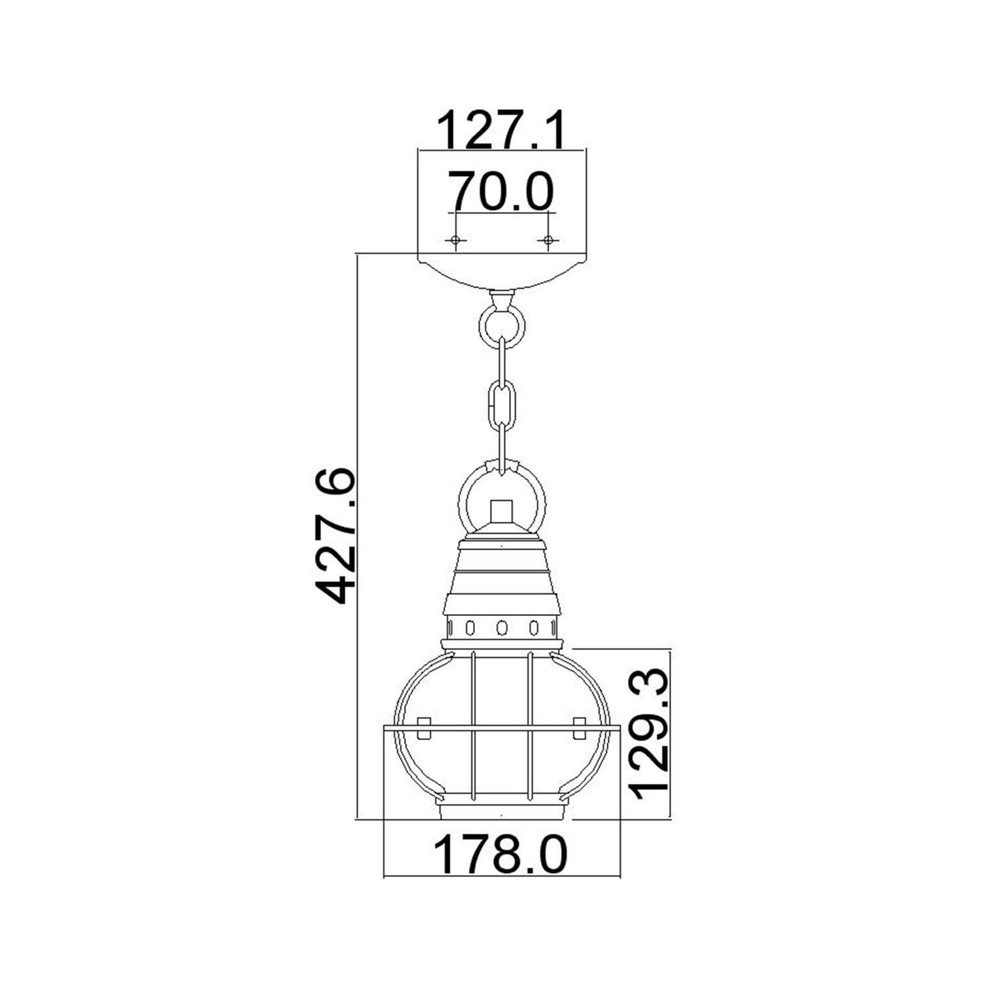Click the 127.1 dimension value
point(501,131)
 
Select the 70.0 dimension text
point(501,191)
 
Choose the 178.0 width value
point(501,855)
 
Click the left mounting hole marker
point(455,241)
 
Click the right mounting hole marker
point(548,241)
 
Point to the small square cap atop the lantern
point(502,512)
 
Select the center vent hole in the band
point(502,628)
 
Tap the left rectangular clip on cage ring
point(424,729)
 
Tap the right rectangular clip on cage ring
point(579,729)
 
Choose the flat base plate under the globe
point(502,812)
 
